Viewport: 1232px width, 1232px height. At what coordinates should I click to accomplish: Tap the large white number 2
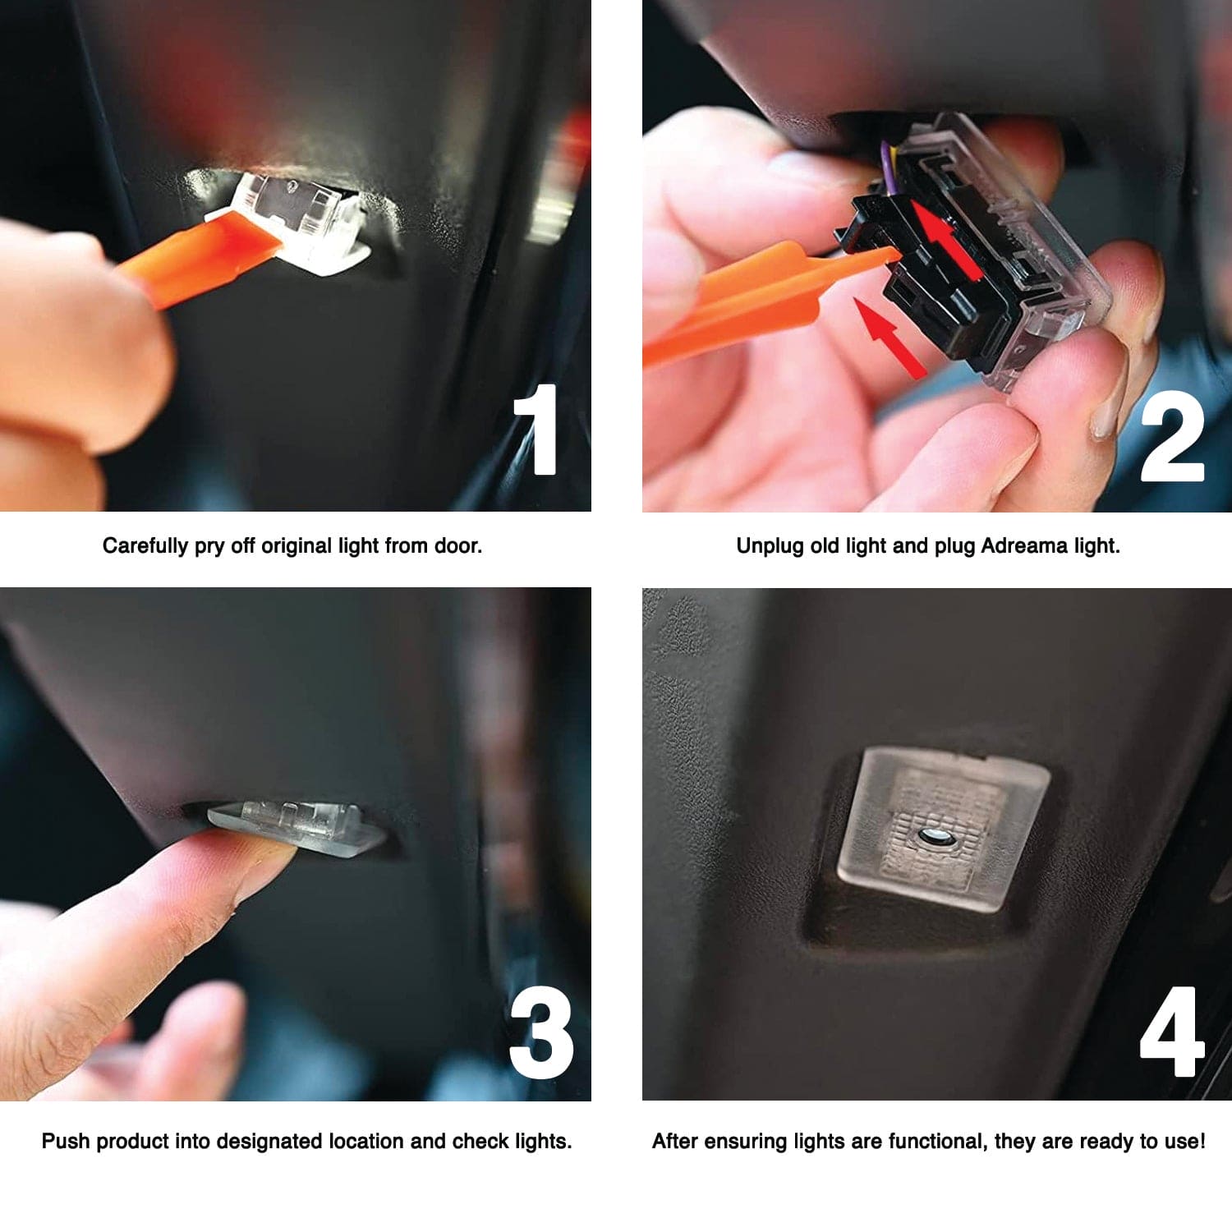[x=1172, y=435]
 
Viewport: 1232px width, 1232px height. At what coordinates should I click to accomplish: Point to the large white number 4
[x=1172, y=1032]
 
